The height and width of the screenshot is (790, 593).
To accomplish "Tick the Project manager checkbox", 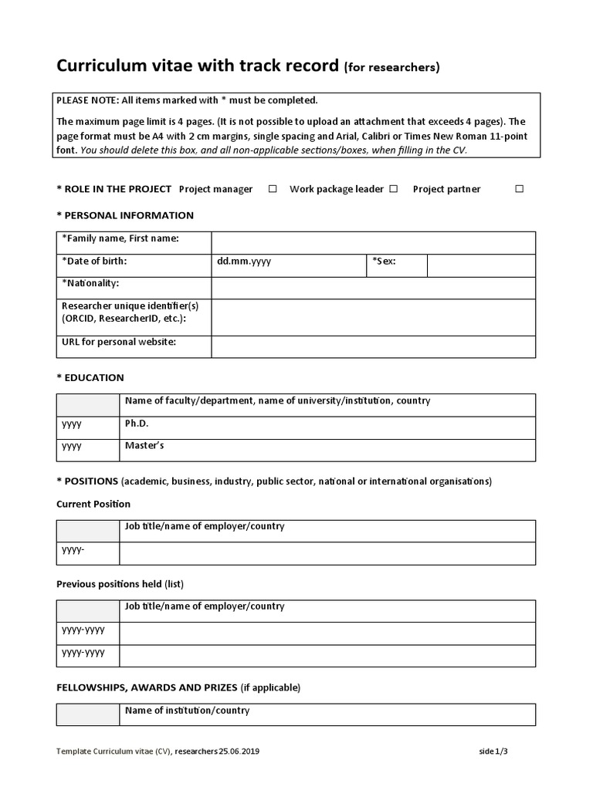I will [x=273, y=189].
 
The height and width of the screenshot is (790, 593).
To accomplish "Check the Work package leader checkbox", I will [x=394, y=189].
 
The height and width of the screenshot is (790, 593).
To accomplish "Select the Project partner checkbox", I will [x=519, y=189].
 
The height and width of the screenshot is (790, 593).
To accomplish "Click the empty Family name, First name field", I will [x=373, y=242].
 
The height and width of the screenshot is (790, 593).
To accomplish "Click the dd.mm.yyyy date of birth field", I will [x=288, y=265].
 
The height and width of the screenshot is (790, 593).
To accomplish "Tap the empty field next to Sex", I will [x=481, y=265].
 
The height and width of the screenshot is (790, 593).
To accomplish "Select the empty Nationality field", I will [x=373, y=288].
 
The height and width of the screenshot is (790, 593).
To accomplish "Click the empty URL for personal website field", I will [x=373, y=346].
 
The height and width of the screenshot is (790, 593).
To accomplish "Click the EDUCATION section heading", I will [x=90, y=378].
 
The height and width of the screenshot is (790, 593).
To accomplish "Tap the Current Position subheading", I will [x=93, y=504].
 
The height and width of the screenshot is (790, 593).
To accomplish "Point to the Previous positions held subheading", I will [x=120, y=584].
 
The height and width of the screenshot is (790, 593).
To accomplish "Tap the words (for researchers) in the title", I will [x=391, y=68].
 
